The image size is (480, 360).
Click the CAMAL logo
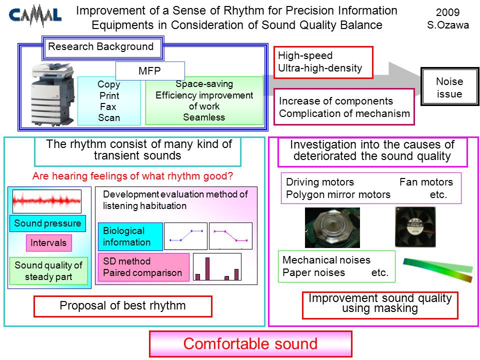pyautogui.click(x=35, y=15)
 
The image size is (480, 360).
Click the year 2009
pyautogui.click(x=447, y=12)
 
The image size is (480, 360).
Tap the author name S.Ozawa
pyautogui.click(x=448, y=25)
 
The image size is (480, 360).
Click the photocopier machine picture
pyautogui.click(x=53, y=94)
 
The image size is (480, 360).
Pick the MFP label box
pyautogui.click(x=150, y=70)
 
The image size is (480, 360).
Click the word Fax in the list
pyautogui.click(x=108, y=107)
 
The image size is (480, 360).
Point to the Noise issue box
pyautogui.click(x=449, y=87)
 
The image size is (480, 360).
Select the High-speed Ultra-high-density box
pyautogui.click(x=323, y=62)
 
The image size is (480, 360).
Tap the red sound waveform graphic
pyautogui.click(x=47, y=201)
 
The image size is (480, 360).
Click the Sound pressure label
pyautogui.click(x=47, y=223)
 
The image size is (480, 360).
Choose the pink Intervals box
pyautogui.click(x=49, y=243)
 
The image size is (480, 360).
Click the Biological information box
pyautogui.click(x=130, y=236)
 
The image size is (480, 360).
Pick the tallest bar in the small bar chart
pyautogui.click(x=207, y=269)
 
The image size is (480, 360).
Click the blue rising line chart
pyautogui.click(x=186, y=236)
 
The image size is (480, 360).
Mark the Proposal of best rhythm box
pyautogui.click(x=123, y=306)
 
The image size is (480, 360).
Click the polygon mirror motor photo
pyautogui.click(x=332, y=227)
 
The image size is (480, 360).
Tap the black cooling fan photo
pyautogui.click(x=415, y=226)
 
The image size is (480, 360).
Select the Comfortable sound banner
pyautogui.click(x=250, y=344)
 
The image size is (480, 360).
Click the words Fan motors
pyautogui.click(x=426, y=182)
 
